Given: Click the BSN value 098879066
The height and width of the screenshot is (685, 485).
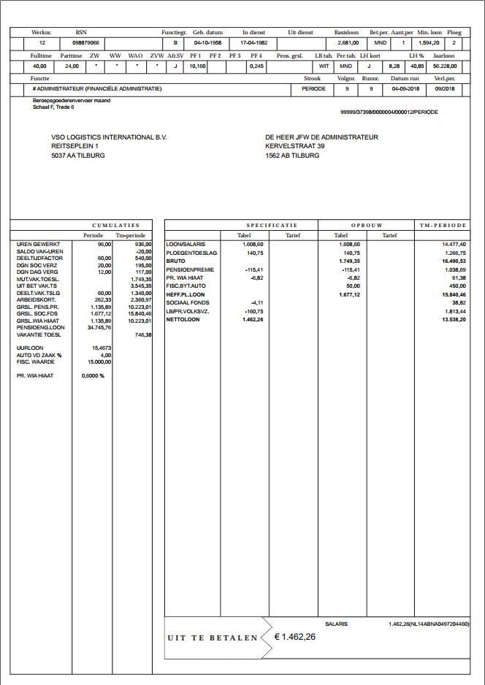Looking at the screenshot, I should (x=86, y=43).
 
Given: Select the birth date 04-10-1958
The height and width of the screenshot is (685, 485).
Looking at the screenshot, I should (x=207, y=43).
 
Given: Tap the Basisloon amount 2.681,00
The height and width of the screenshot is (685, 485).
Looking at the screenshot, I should (x=347, y=43).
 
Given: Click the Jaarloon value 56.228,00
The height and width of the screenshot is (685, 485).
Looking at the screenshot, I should (x=445, y=66).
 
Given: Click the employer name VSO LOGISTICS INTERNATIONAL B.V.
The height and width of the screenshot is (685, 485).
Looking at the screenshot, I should (x=103, y=137).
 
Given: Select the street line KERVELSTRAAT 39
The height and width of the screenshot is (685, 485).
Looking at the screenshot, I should (x=295, y=146).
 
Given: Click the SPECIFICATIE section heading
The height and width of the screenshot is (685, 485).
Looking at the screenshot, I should (x=272, y=226).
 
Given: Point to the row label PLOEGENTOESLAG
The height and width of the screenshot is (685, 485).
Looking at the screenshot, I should (x=191, y=253).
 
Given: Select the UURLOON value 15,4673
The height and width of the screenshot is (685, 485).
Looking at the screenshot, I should (x=102, y=348).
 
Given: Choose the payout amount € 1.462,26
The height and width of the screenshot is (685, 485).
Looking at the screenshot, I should (x=295, y=637).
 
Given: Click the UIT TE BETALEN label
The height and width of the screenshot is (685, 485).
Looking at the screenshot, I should (x=213, y=638).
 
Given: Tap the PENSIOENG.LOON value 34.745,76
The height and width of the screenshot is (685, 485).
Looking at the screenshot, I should (x=99, y=328).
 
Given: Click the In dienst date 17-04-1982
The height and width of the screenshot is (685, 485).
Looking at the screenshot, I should (x=255, y=43).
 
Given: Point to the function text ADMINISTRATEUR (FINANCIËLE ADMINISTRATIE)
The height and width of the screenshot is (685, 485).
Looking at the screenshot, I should (x=99, y=88).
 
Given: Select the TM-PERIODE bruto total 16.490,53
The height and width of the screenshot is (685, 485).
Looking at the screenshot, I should (x=454, y=261).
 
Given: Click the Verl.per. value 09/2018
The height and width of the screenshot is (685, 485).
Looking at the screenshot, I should (x=444, y=88).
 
